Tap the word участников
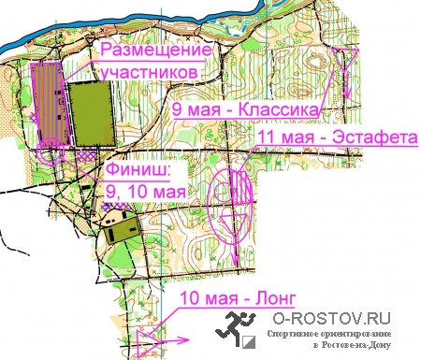[148, 70]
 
